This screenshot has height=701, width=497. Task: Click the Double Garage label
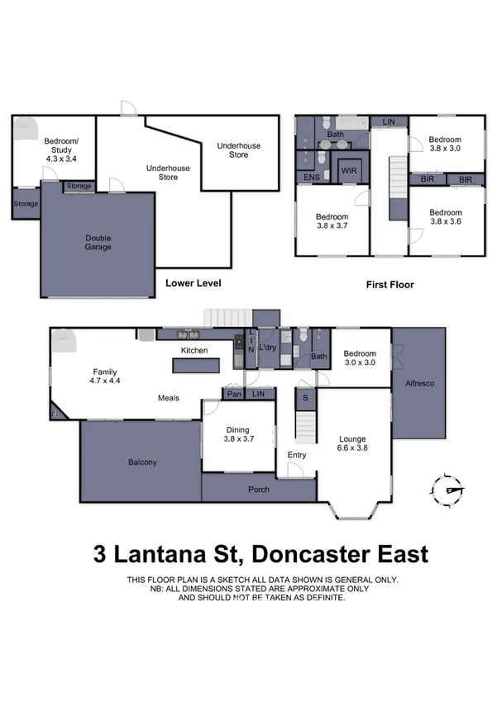98,242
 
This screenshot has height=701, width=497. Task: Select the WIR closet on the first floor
348,171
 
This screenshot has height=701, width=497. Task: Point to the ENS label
312,177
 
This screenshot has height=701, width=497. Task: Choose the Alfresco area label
419,385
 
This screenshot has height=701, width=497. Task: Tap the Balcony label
142,462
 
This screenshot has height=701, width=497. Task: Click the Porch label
259,490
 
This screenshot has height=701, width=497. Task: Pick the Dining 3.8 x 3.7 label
238,434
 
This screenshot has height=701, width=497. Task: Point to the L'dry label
266,348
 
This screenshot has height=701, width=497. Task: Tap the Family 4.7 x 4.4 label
105,376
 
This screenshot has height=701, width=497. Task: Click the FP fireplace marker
57,414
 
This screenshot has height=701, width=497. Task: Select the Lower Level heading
193,283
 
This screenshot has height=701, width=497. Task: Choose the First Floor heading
389,284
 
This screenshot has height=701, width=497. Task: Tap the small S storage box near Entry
306,399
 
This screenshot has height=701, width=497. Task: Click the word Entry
297,455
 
